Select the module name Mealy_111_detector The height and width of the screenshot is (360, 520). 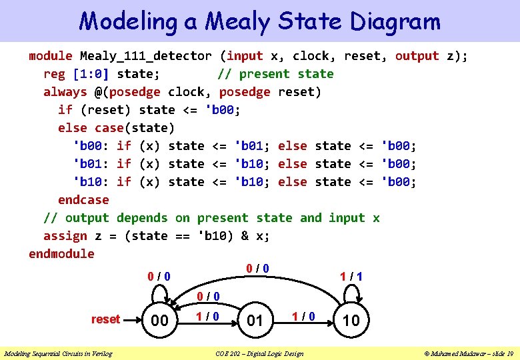[146, 56]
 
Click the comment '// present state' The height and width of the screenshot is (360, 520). [275, 74]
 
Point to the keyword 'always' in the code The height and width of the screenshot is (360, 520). [65, 92]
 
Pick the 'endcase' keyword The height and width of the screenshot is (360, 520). [83, 200]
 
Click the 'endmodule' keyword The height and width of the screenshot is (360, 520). [61, 254]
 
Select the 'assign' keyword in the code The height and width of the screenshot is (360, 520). [65, 236]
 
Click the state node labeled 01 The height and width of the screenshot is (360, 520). [255, 321]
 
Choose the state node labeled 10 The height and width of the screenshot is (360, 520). [351, 321]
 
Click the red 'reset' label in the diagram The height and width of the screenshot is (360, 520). [105, 319]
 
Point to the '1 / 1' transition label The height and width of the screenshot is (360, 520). [351, 275]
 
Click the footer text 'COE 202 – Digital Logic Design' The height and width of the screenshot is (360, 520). [259, 353]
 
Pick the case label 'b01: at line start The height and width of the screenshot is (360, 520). [91, 164]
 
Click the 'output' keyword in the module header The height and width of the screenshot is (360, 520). [417, 56]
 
